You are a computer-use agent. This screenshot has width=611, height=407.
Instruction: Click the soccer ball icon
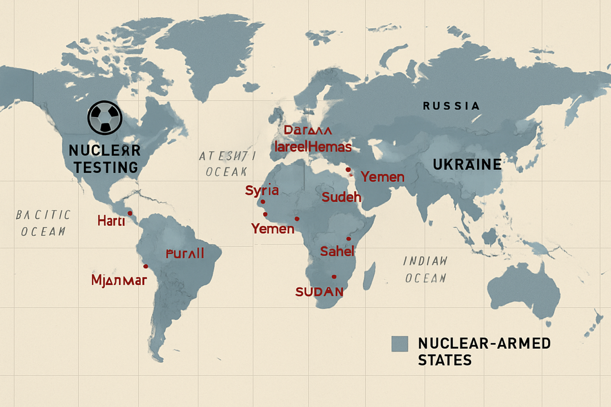104,117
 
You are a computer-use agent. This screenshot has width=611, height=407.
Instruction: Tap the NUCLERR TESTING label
104,159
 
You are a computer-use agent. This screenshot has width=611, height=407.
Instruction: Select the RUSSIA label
450,105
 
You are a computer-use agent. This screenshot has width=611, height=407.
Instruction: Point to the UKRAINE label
468,165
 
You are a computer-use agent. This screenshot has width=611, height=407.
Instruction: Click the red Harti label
111,220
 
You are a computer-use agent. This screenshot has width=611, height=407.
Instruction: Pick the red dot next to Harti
130,213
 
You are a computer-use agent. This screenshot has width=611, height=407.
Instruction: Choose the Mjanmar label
119,280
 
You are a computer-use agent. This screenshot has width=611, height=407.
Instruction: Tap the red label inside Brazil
185,254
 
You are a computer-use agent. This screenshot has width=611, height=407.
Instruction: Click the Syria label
262,190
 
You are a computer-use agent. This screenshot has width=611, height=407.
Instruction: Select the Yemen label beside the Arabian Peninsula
382,177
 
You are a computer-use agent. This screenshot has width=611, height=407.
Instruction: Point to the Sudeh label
341,197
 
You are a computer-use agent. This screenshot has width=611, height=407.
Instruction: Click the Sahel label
337,251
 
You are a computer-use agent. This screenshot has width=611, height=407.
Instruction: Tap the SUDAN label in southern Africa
319,292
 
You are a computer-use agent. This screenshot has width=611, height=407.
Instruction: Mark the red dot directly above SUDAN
334,277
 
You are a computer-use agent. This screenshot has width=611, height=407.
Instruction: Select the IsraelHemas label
313,147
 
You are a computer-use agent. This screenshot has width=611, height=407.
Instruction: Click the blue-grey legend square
399,344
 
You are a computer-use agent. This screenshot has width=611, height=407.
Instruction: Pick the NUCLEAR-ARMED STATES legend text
484,351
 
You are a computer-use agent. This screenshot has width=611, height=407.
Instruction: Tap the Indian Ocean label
425,269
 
